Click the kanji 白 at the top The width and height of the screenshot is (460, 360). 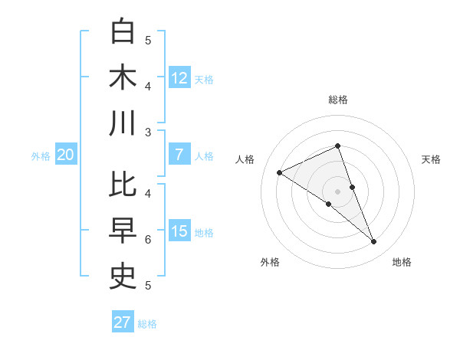click(123, 31)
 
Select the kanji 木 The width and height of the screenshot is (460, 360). click(123, 77)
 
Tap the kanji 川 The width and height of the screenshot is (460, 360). click(123, 123)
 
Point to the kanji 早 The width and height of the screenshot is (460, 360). click(123, 231)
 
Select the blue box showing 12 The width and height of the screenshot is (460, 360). click(179, 77)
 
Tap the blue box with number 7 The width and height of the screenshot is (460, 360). click(179, 155)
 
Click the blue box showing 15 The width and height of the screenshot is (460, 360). click(179, 231)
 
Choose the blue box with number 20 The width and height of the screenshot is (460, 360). click(65, 155)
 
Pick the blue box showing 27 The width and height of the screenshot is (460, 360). click(123, 322)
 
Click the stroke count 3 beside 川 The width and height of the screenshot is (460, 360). click(148, 133)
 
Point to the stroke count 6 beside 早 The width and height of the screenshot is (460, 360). click(148, 240)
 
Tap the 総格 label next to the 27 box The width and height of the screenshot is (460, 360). click(147, 324)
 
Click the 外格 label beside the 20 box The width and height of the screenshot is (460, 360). click(41, 155)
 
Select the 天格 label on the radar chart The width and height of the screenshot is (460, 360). click(432, 159)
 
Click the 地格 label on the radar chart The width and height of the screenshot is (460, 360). click(402, 262)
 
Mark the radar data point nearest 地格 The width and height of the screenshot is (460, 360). click(374, 242)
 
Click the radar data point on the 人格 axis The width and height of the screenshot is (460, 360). click(279, 172)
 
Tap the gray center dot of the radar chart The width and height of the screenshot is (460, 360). click(338, 191)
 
